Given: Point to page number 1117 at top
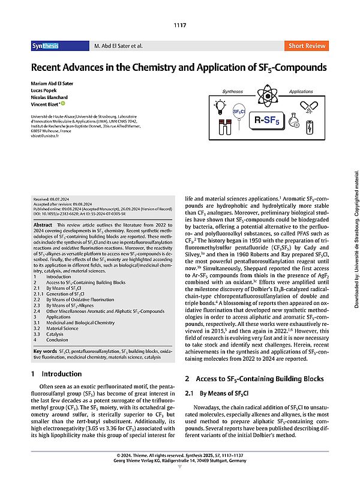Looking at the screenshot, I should [180, 25].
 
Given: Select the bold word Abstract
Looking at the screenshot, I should [47, 224].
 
